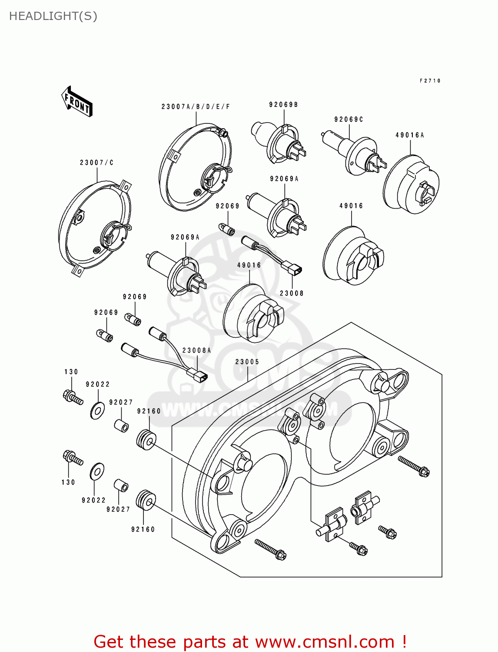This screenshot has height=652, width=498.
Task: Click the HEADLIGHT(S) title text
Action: (x=53, y=16)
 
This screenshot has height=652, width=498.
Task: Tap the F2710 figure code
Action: (x=430, y=81)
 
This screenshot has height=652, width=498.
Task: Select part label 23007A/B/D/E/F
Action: (x=196, y=107)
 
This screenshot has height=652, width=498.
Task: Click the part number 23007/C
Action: (x=96, y=163)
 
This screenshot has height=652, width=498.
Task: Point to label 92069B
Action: (x=283, y=105)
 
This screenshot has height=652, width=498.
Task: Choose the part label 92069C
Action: (x=349, y=120)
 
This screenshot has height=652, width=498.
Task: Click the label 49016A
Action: (x=409, y=135)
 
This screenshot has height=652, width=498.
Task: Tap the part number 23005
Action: (x=247, y=362)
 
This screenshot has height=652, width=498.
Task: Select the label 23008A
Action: (x=196, y=350)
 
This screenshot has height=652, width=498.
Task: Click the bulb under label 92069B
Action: (x=278, y=141)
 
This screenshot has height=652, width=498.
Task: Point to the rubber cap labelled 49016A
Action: (x=411, y=185)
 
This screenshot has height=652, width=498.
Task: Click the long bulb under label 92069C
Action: (x=352, y=152)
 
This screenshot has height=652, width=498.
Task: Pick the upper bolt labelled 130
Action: (x=73, y=397)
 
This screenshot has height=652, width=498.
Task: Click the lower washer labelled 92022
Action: (x=97, y=472)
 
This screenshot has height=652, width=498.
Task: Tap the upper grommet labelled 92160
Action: (x=146, y=440)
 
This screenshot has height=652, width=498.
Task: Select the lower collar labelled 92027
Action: (x=121, y=486)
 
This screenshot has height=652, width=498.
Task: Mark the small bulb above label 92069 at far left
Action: (x=104, y=336)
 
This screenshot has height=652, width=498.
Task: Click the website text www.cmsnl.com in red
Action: (x=325, y=642)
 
